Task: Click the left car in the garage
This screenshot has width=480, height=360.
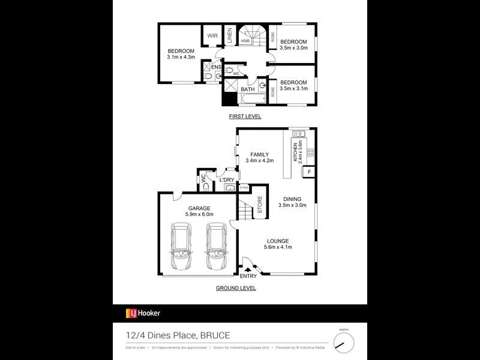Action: (181, 248)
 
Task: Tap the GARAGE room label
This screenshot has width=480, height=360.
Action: (199, 208)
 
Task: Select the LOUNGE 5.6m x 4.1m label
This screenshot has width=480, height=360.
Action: (278, 245)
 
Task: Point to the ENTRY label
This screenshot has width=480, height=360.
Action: (248, 277)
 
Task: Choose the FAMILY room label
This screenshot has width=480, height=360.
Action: (259, 155)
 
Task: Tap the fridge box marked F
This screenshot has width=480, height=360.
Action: (309, 172)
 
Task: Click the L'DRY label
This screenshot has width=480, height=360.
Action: (226, 180)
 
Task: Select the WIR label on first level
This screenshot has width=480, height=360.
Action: (212, 36)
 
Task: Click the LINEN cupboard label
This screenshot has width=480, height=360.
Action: (229, 36)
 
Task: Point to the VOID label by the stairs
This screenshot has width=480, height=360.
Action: (245, 41)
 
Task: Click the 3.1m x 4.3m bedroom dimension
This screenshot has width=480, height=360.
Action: (181, 57)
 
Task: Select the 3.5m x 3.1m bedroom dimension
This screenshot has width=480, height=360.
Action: (294, 88)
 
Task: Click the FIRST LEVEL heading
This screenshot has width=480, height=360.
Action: (244, 116)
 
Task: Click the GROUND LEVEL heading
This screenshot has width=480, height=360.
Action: (236, 288)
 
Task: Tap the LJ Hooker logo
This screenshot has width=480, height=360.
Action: (143, 313)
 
